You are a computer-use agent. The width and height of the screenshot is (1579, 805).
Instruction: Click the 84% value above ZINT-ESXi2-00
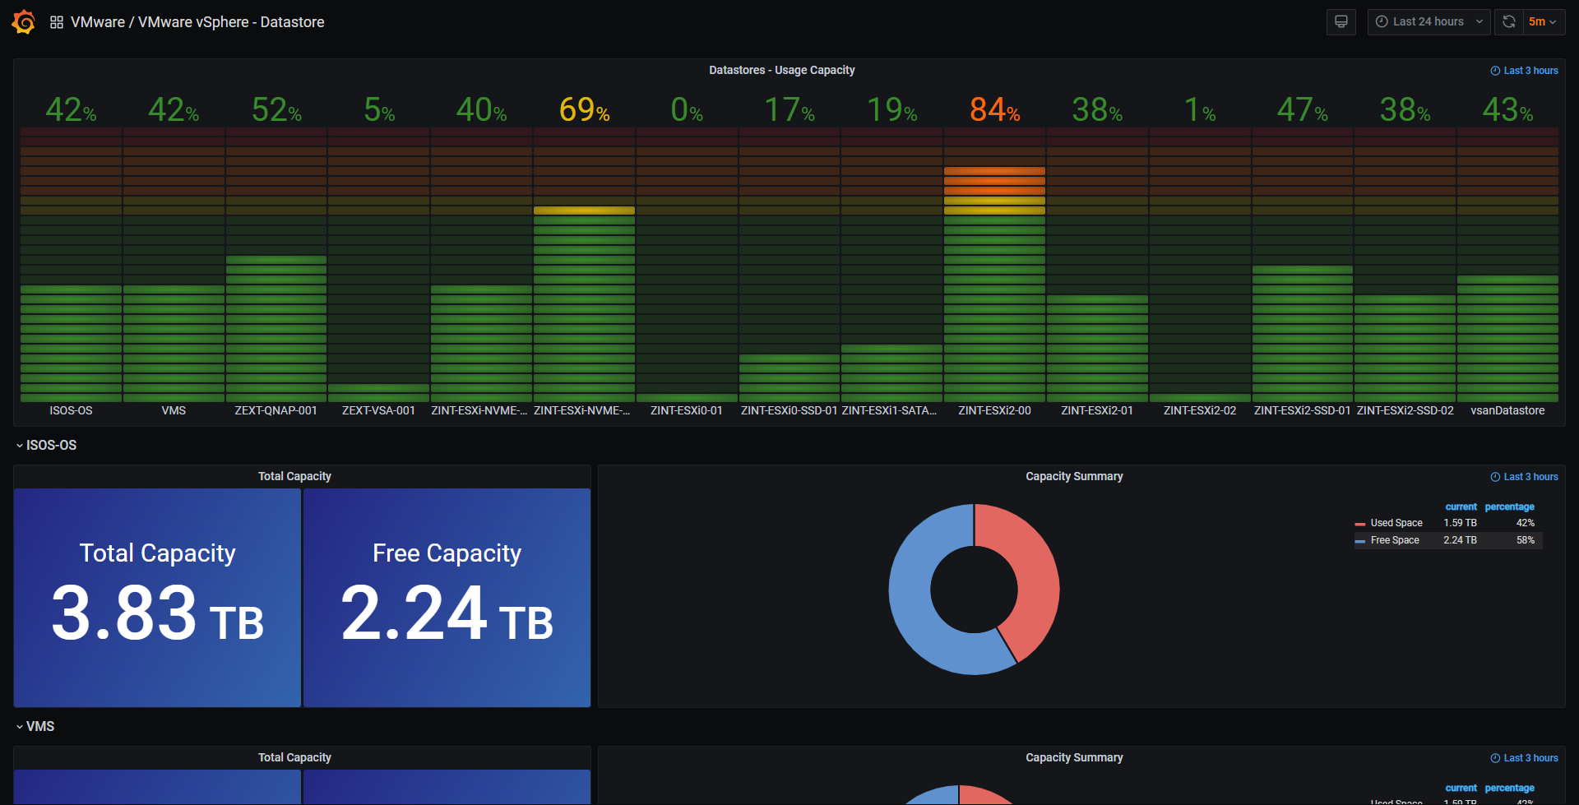[994, 109]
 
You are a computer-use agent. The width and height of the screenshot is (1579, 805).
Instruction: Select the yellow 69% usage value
[584, 109]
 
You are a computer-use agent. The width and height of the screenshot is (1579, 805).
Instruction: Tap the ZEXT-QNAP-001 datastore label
[276, 410]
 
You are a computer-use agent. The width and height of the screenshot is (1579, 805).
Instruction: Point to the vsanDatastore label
[1507, 410]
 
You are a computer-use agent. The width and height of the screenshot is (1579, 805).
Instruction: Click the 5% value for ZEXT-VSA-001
[379, 109]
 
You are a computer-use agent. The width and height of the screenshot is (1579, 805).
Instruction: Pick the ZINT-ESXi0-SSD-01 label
[789, 410]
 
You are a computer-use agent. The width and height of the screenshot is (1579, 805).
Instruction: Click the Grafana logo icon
[23, 22]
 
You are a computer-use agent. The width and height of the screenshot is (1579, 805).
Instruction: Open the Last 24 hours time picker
[1429, 22]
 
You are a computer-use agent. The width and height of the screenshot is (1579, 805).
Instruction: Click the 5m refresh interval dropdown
[1542, 22]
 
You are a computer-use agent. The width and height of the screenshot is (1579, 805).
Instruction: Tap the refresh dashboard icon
[1509, 22]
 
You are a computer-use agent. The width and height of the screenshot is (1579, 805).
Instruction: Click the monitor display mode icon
[1341, 22]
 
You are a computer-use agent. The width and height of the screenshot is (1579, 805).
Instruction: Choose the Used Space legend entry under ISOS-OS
[1396, 523]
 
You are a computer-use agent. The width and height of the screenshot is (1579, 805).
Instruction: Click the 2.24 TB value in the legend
[1460, 540]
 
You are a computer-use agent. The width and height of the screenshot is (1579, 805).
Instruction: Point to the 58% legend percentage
[1525, 540]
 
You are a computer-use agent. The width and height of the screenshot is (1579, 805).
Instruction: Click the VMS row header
[39, 726]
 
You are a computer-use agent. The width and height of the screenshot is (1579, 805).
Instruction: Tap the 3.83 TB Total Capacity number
[157, 613]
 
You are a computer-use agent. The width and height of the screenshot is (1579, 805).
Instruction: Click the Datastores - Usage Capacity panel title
[781, 71]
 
